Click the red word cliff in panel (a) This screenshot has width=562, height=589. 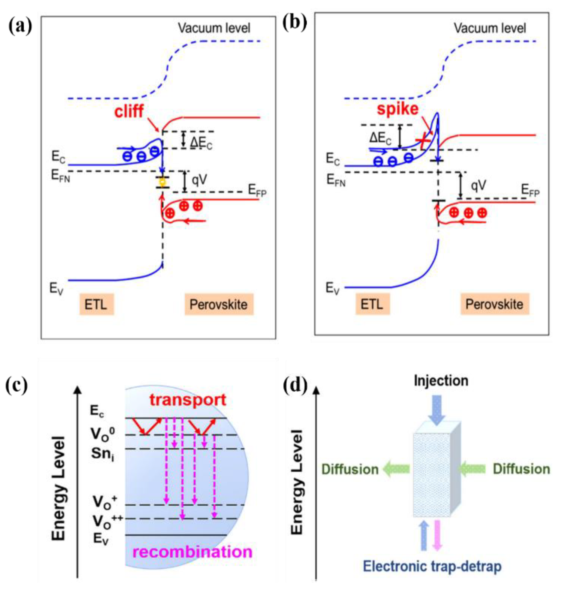pos(129,112)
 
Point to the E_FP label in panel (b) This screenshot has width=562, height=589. pos(530,190)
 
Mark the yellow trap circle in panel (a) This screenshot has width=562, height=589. pos(162,182)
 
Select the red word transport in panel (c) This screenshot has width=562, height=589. pos(188,400)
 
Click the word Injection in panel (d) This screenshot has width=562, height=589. pos(441,381)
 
